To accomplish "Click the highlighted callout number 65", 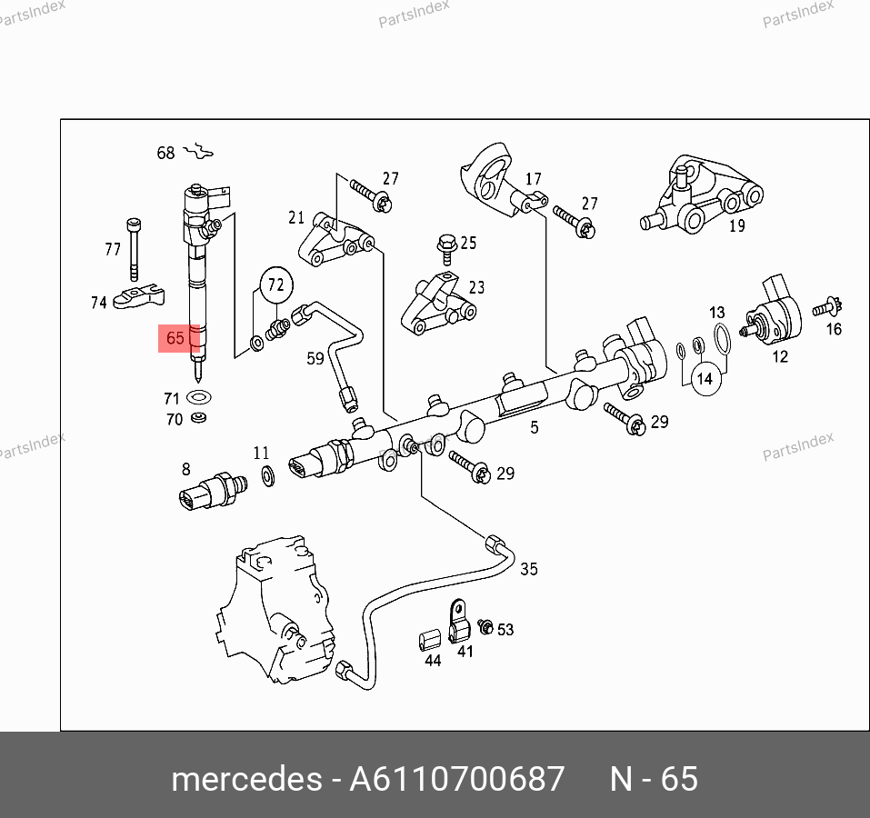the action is click(x=175, y=338).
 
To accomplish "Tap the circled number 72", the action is click(x=276, y=284).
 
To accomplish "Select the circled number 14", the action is click(x=705, y=379).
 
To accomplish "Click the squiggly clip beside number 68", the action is click(x=198, y=151).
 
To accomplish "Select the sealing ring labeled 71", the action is click(x=199, y=397).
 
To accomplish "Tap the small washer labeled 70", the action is click(x=198, y=417).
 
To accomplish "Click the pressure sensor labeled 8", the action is click(x=213, y=490).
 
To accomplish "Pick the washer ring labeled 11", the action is click(x=268, y=476).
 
